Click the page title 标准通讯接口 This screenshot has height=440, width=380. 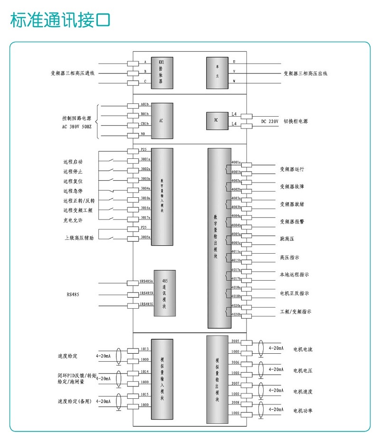tap(60, 20)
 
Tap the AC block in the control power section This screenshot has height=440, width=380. tap(161, 120)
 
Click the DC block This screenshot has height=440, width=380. tap(216, 120)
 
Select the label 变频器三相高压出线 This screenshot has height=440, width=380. tap(305, 73)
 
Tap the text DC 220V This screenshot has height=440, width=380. tap(269, 121)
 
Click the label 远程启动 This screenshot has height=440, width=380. tap(73, 162)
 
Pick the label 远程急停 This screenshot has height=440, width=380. tap(73, 191)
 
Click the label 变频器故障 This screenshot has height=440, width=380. tap(292, 186)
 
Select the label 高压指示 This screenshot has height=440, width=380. tap(289, 257)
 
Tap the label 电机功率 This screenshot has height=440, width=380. tap(303, 410)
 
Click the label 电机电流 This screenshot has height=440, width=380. tap(303, 349)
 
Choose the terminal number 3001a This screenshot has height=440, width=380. tap(145, 159)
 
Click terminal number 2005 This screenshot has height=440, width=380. tap(235, 341)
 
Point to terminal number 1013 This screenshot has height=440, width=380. tap(145, 349)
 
